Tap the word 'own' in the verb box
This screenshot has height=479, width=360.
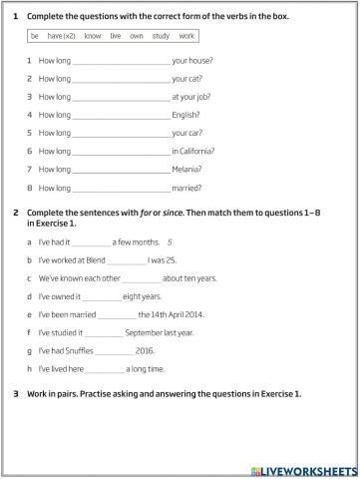click(x=136, y=35)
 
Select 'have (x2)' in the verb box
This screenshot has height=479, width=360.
click(x=61, y=35)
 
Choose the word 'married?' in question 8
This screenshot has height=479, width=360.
click(x=187, y=187)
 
